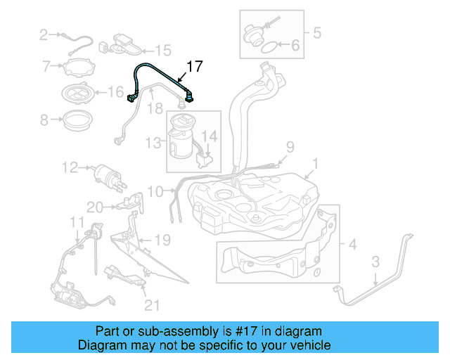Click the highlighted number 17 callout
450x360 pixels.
pos(194,67)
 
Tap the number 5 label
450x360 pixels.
pos(316,32)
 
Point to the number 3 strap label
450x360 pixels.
pos(375,262)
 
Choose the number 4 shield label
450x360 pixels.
pos(352,244)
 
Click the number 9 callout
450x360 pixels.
pos(289,147)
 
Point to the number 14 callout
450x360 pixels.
pos(210,135)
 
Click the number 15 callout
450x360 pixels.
pos(163,50)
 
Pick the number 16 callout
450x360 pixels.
pos(116,91)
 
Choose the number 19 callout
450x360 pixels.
pos(162,240)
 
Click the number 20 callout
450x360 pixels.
pos(95,207)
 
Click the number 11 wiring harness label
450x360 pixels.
pos(76,222)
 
